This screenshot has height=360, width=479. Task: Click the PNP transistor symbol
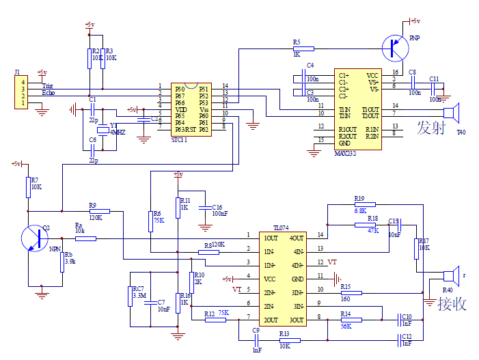point(394,46)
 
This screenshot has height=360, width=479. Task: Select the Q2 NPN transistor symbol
point(33,238)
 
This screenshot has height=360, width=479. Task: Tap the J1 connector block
point(23,93)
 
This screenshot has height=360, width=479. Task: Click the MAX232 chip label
point(346,154)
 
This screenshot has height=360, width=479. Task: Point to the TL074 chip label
point(282,227)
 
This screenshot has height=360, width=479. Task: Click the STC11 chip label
point(180,139)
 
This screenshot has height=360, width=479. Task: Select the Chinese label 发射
point(431,127)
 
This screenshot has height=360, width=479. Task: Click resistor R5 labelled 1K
point(303,49)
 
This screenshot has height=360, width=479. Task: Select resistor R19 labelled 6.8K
point(365,204)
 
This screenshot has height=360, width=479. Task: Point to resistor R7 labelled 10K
point(28,186)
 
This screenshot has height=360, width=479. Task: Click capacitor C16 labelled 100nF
point(204,207)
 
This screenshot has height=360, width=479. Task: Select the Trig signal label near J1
point(48,85)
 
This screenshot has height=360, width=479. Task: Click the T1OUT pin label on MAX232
point(370,109)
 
